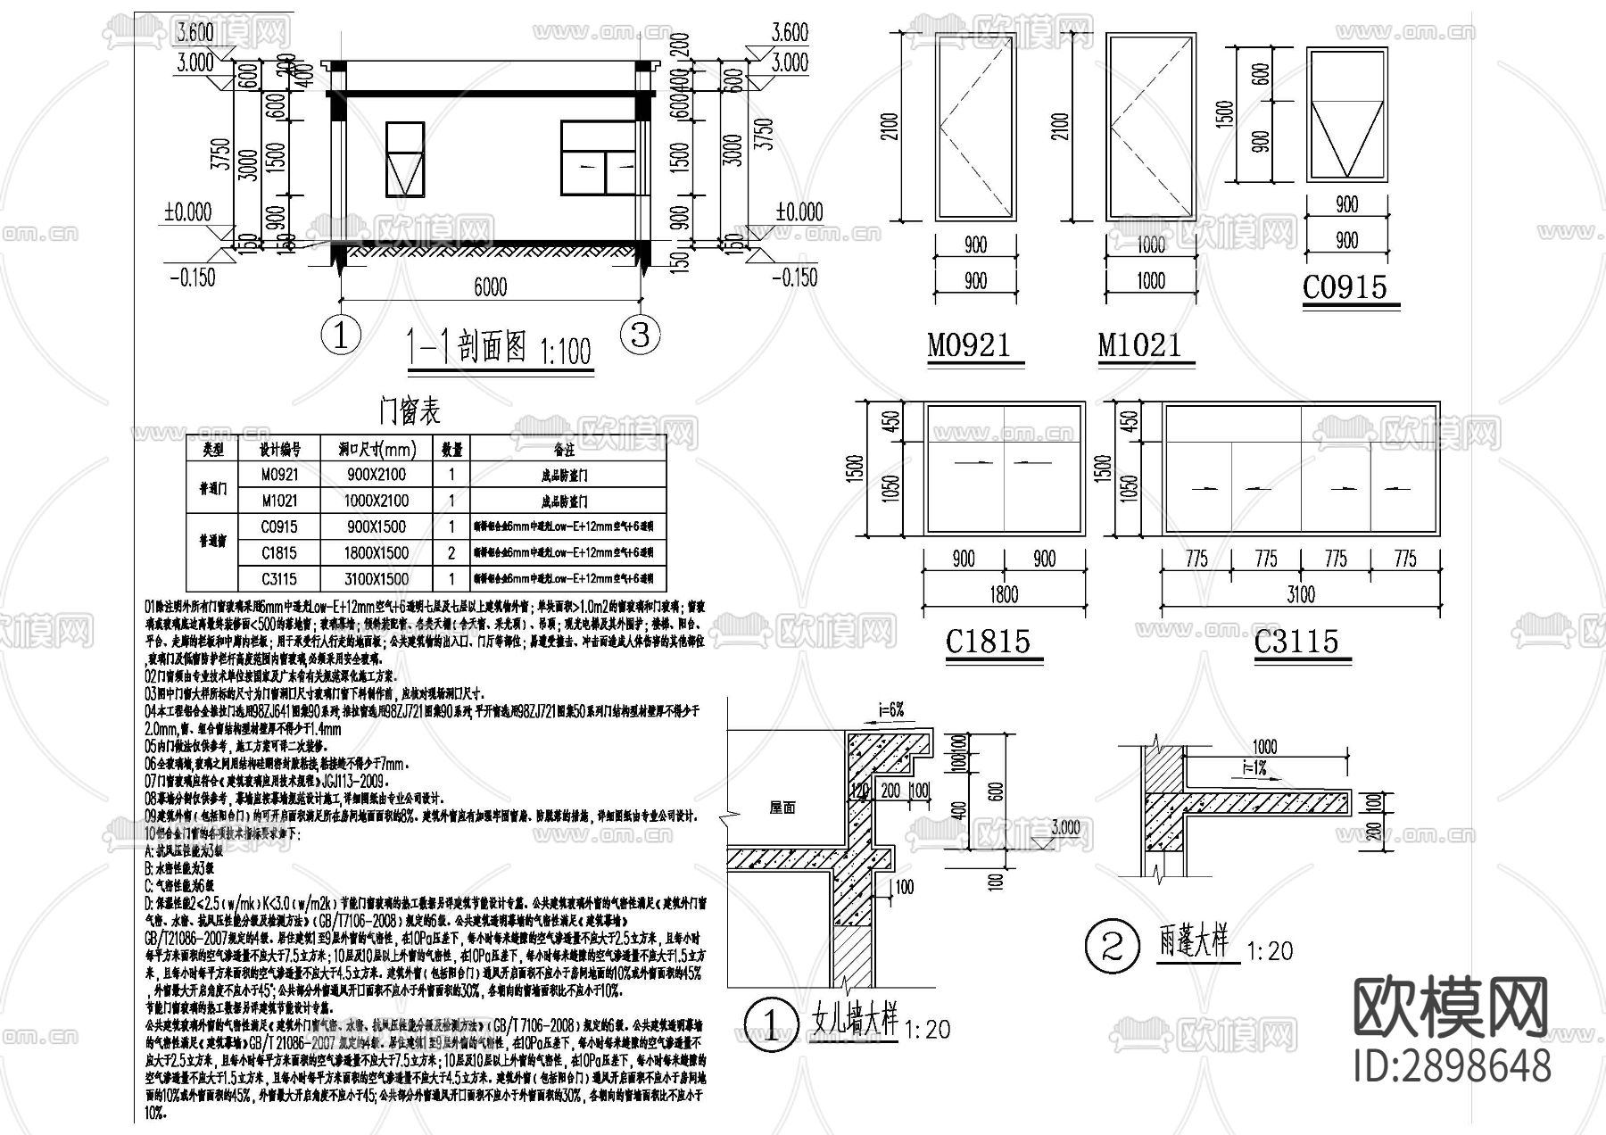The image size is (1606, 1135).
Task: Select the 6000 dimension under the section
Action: click(x=490, y=286)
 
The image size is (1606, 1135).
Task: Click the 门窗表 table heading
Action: click(x=410, y=411)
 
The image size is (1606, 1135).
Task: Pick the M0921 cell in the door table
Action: click(x=279, y=475)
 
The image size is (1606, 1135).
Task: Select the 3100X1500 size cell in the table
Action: click(x=377, y=578)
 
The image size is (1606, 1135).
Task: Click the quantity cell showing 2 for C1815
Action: click(x=451, y=552)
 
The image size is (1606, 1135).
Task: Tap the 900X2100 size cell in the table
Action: click(x=377, y=475)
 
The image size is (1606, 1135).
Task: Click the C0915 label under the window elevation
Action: click(x=1345, y=287)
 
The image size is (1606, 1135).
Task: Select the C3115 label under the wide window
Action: click(x=1296, y=641)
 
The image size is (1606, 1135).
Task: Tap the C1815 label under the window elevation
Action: click(x=988, y=641)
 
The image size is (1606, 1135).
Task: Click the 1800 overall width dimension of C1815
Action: click(x=1004, y=594)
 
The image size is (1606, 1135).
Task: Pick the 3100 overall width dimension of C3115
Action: click(x=1300, y=594)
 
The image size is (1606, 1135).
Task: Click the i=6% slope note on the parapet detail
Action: click(x=890, y=710)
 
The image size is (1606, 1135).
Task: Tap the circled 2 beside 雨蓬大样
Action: click(x=1113, y=946)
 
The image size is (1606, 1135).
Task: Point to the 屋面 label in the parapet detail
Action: click(x=782, y=808)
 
